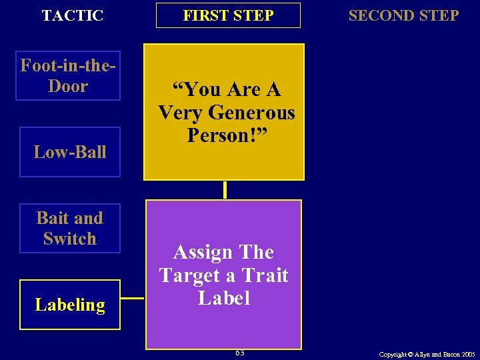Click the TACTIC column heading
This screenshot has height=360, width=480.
pyautogui.click(x=73, y=15)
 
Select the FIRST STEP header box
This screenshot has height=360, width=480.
pyautogui.click(x=228, y=15)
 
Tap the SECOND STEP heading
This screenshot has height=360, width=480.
pyautogui.click(x=403, y=15)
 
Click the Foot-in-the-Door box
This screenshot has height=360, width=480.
pyautogui.click(x=68, y=76)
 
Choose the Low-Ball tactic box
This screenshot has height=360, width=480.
pyautogui.click(x=70, y=152)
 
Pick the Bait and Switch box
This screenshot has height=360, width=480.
pyautogui.click(x=70, y=228)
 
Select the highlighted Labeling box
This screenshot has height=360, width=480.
pyautogui.click(x=70, y=305)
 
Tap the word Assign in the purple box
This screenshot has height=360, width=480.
pyautogui.click(x=199, y=252)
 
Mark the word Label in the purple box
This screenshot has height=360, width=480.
pyautogui.click(x=223, y=297)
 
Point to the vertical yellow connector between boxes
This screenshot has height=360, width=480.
pyautogui.click(x=225, y=190)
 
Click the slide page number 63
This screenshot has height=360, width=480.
pyautogui.click(x=239, y=352)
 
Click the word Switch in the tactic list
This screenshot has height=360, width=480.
pyautogui.click(x=70, y=239)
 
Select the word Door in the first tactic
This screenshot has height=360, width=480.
pyautogui.click(x=68, y=87)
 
